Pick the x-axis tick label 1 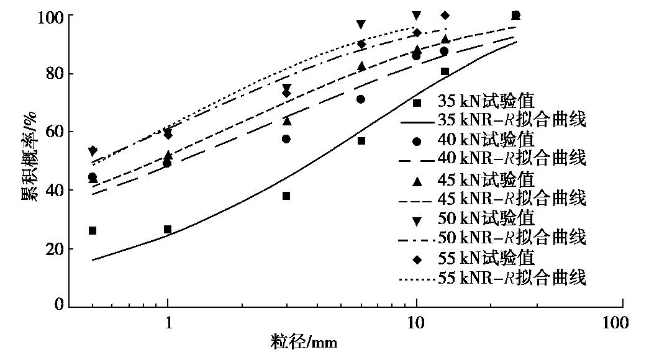pos(168,323)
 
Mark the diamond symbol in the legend pos(418,258)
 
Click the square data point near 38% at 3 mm pos(286,196)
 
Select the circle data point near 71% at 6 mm pos(361,99)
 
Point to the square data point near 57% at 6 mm pos(361,141)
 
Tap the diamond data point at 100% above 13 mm pos(445,15)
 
